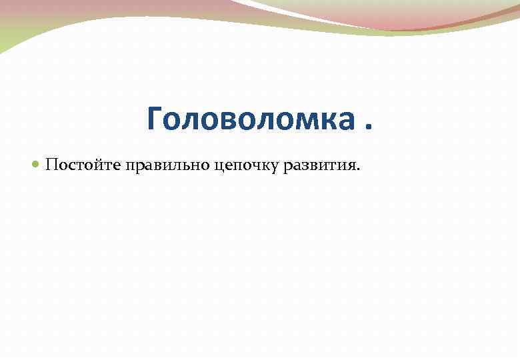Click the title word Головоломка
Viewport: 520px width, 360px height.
[x=251, y=119]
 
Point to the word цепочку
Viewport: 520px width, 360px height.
[x=247, y=166]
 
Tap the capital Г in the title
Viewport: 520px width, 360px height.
[x=155, y=119]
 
